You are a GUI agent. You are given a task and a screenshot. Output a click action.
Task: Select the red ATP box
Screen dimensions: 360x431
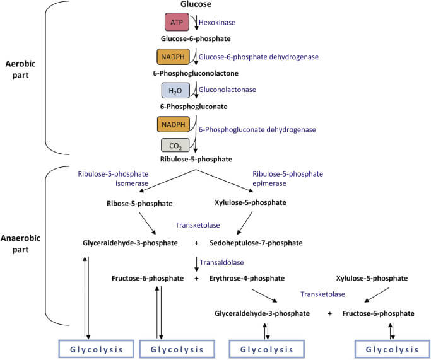coord(177,23)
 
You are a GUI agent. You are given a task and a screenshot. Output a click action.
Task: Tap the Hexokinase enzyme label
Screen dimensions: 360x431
coord(218,23)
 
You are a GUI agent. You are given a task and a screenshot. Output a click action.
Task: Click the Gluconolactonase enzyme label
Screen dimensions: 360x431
coord(227,90)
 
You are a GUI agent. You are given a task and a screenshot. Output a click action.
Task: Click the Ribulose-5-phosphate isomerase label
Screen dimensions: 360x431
coord(113,178)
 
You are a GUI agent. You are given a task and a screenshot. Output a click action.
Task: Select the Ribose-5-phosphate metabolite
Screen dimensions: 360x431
coord(139,203)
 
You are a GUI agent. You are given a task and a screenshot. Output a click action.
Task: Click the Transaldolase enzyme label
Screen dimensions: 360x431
coord(221,262)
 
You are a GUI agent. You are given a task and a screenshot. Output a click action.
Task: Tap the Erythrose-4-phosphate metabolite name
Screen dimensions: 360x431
coord(247,278)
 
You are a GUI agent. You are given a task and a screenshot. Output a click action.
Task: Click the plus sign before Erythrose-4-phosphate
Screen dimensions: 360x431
coord(196,278)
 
